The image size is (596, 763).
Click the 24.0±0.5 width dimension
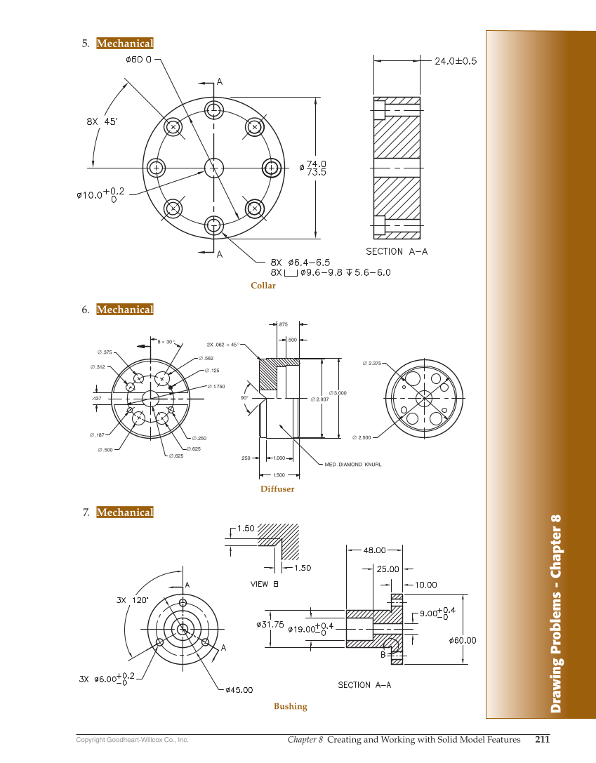(455, 61)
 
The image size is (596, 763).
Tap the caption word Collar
(263, 286)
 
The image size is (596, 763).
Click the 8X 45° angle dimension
(102, 121)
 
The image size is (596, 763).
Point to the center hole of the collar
(213, 167)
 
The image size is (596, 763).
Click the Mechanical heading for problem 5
(124, 44)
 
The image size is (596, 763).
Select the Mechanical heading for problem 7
(124, 512)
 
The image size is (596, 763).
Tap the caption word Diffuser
(277, 489)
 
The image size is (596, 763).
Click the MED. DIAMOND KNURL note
(352, 465)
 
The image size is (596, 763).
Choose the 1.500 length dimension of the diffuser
(278, 475)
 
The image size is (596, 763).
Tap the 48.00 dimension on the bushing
(374, 550)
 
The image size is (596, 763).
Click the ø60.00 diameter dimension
(461, 640)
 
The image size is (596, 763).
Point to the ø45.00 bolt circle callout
(239, 690)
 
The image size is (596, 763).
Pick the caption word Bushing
(291, 707)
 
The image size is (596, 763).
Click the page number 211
(542, 739)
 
